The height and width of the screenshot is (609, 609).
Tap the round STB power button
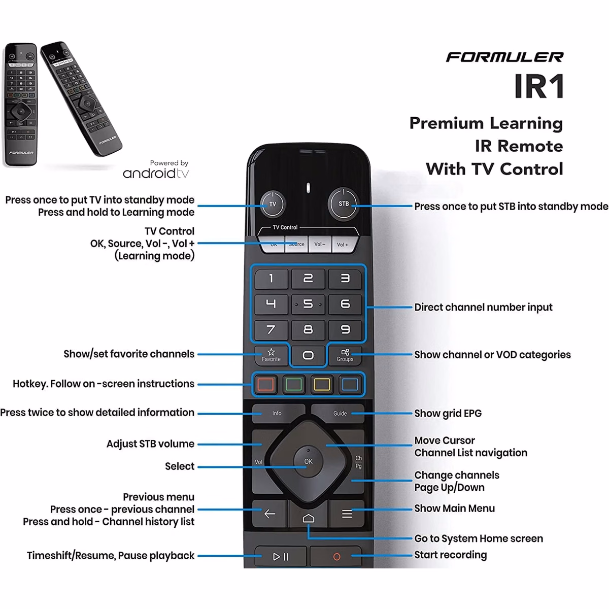(344, 204)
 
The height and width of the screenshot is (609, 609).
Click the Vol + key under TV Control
(344, 244)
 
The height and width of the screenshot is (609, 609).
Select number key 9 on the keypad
(345, 330)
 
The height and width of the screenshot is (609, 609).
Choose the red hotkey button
(266, 384)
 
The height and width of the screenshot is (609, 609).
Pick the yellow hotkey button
(322, 384)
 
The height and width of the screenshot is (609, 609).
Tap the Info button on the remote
(277, 413)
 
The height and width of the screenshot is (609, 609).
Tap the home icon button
(309, 518)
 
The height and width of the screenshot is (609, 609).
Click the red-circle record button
(336, 557)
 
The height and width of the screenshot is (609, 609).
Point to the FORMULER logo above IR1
(504, 57)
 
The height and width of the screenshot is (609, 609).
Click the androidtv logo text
(156, 173)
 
